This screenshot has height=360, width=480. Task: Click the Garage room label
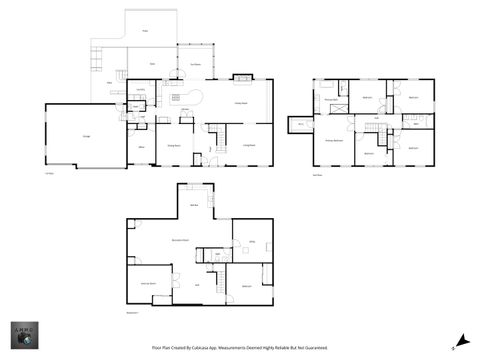87,136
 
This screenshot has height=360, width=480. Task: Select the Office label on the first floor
140,146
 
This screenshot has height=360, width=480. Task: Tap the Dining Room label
174,146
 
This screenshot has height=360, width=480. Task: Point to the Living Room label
248,146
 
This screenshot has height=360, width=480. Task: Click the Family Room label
241,103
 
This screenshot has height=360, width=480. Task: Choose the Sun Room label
196,65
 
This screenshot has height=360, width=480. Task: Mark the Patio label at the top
144,32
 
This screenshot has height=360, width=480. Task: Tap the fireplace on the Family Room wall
241,77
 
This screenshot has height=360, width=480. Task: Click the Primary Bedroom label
332,141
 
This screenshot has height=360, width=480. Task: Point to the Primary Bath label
330,99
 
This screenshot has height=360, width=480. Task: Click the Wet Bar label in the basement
194,205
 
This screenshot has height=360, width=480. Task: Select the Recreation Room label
181,240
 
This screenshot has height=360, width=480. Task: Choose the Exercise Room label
147,284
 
